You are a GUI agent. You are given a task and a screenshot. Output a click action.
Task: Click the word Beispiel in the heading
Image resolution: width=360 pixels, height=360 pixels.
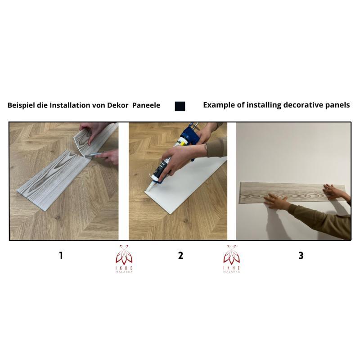[21, 105]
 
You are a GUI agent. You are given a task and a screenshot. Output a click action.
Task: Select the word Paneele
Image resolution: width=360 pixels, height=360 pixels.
[146, 105]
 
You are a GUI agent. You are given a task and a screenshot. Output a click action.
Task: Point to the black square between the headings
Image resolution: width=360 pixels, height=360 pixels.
[180, 107]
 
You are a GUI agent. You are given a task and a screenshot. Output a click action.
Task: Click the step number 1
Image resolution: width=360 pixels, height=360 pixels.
[61, 255]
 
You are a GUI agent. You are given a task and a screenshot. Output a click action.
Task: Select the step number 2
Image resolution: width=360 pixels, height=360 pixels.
[181, 255]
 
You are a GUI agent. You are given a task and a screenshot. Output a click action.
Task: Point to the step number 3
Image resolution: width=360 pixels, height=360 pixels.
[301, 255]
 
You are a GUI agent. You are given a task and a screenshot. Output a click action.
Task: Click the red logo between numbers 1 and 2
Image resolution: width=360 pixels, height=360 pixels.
[124, 259]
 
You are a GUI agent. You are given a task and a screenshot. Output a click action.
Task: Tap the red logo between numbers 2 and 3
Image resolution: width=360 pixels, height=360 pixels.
[232, 259]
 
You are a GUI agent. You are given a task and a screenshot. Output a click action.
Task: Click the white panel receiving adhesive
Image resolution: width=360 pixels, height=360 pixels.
[186, 186]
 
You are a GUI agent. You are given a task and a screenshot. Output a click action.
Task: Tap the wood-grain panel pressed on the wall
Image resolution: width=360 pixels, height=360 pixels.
[292, 192]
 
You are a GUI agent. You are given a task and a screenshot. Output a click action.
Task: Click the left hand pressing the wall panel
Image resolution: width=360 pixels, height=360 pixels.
[276, 201]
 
